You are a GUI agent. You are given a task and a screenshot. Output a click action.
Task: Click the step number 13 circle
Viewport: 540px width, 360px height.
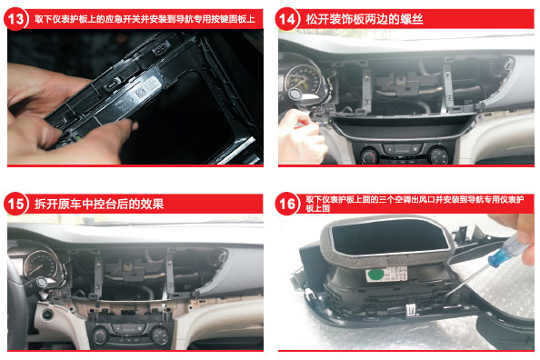click(x=15, y=19)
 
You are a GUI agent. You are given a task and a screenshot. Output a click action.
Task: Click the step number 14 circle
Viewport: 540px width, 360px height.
click(x=287, y=19)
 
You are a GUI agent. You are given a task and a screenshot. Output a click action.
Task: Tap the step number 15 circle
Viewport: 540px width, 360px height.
click(x=15, y=204)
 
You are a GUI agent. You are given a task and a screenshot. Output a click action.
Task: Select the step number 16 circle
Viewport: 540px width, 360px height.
click(x=287, y=204)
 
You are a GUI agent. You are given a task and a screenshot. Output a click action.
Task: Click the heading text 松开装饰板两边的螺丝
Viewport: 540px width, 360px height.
click(x=365, y=19)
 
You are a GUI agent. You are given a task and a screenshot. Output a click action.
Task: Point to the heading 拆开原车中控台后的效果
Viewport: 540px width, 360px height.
click(x=99, y=204)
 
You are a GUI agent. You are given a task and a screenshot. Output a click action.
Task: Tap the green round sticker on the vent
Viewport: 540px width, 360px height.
click(x=376, y=275)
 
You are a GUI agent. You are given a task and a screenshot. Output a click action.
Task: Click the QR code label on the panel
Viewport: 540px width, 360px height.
click(x=141, y=93)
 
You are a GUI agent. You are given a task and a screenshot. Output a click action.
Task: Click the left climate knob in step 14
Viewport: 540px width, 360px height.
click(x=370, y=155)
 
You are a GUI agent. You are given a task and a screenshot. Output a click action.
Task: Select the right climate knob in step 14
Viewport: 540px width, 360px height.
click(x=439, y=155)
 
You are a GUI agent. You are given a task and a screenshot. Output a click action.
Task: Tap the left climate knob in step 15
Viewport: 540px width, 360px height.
click(x=100, y=335)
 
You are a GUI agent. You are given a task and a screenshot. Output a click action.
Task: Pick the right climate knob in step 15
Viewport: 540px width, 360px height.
click(x=160, y=335)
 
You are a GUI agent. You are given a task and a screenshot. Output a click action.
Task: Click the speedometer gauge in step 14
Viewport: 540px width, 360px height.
click(x=304, y=80)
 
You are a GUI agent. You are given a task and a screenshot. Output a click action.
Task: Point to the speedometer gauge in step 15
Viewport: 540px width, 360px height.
click(x=41, y=265)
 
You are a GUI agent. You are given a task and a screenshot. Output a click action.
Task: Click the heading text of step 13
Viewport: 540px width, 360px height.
click(x=145, y=19)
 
